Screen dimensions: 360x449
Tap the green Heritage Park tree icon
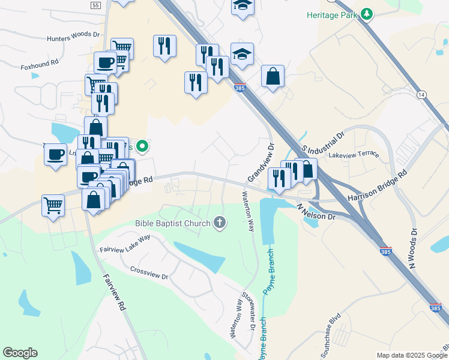[x=366, y=14]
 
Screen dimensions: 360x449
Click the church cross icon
[x=220, y=224]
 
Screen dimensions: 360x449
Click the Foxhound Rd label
[x=39, y=62]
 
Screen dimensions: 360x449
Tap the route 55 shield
[x=95, y=5]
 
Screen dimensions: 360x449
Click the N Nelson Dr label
[x=316, y=211]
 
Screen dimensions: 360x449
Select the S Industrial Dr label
[x=324, y=142]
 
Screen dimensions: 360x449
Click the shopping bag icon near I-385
[x=273, y=76]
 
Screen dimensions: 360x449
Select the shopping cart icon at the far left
[x=53, y=205]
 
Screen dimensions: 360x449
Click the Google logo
[x=20, y=353]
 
